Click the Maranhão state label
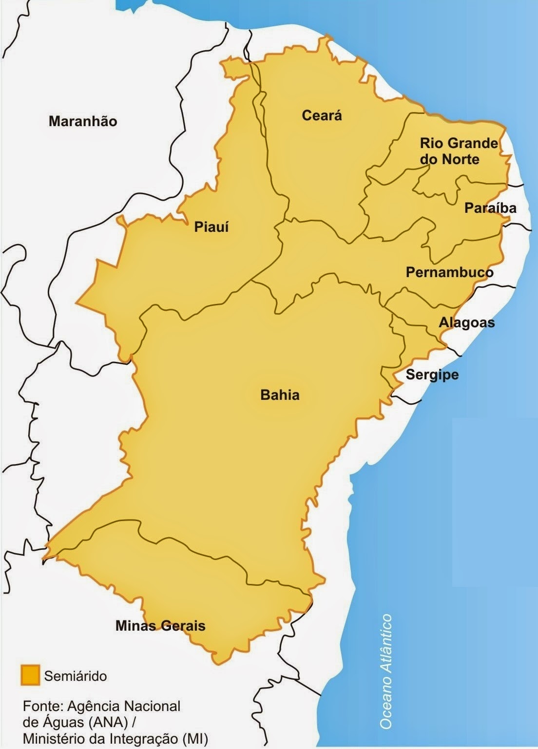(x=83, y=121)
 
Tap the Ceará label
(x=322, y=115)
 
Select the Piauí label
(x=211, y=227)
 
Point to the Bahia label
(x=280, y=394)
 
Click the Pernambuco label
(x=449, y=272)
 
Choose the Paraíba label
(x=490, y=208)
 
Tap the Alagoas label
(x=467, y=322)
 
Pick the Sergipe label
(x=432, y=375)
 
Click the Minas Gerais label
(x=160, y=626)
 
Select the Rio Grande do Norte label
(x=459, y=151)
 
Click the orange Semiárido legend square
(x=30, y=675)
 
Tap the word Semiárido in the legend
(x=76, y=676)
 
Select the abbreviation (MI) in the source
(x=195, y=739)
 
